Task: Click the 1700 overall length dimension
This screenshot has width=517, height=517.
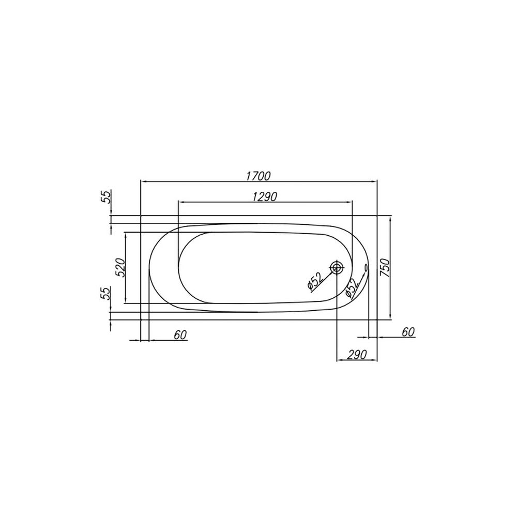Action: point(258,176)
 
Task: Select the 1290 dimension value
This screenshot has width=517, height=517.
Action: point(265,196)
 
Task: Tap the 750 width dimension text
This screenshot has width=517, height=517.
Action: point(385,267)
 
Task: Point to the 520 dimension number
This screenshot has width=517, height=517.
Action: point(120,267)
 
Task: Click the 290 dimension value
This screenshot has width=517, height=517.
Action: point(357,355)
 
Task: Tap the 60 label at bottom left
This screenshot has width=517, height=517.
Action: point(180,335)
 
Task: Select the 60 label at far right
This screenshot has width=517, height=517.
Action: point(408,332)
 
